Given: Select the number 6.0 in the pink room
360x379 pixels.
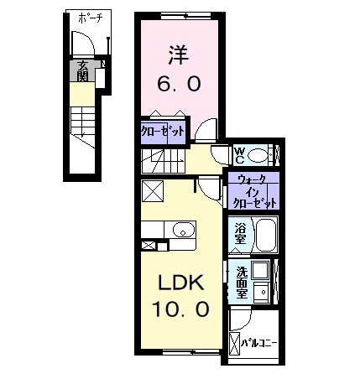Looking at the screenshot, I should pyautogui.click(x=177, y=84).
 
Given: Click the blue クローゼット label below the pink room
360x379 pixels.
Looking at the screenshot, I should pyautogui.click(x=162, y=131).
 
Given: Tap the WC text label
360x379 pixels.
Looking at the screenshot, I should pyautogui.click(x=238, y=155).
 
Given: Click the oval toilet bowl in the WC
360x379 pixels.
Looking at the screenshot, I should pyautogui.click(x=258, y=155).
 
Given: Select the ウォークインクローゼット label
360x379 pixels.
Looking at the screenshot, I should pyautogui.click(x=253, y=192).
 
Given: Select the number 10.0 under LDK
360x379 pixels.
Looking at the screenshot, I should pyautogui.click(x=179, y=309).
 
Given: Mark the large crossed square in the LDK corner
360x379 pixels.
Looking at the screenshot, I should pyautogui.click(x=154, y=193).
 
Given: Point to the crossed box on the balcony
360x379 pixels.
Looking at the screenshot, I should pyautogui.click(x=233, y=342).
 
